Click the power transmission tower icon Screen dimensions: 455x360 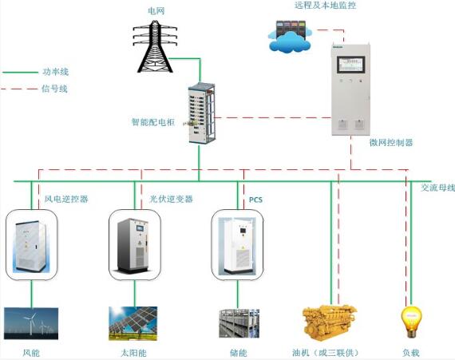155,46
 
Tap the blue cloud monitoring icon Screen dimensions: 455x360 290,37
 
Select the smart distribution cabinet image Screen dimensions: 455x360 202,113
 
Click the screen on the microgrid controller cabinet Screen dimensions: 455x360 350,65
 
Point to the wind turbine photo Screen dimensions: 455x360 31,323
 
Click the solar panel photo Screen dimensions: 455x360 133,323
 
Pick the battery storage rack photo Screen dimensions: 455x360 239,323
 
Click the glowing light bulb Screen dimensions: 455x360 411,322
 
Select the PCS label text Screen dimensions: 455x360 255,200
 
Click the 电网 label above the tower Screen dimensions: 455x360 156,11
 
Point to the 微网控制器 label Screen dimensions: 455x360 391,142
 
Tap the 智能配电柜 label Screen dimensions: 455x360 153,122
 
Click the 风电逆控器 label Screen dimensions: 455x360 66,199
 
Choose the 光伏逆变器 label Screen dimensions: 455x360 171,199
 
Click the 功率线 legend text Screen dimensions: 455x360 56,72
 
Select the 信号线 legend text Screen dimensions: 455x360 54,89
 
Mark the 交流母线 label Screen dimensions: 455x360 438,188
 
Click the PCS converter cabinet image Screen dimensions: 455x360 237,245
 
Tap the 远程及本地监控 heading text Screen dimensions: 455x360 326,6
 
